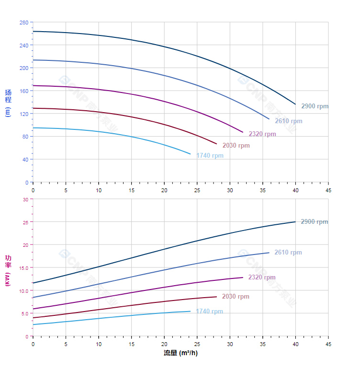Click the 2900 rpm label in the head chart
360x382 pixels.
point(315,106)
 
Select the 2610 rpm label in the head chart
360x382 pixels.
point(288,121)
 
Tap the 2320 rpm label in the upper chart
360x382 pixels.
point(262,134)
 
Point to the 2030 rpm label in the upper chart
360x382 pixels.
point(236,146)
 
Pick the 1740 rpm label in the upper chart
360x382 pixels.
point(210,156)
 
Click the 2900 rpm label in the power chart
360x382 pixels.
point(314,222)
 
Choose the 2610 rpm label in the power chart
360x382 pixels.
point(288,253)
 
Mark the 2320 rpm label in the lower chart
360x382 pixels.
point(261,278)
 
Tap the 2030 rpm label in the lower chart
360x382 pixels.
point(235,297)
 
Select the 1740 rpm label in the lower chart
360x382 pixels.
point(209,312)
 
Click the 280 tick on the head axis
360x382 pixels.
point(24,23)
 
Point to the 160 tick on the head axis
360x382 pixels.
point(24,91)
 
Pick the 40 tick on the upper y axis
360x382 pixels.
point(25,160)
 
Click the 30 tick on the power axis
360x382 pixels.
point(25,199)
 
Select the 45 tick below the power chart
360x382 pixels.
point(328,344)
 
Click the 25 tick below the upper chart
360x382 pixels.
point(197,190)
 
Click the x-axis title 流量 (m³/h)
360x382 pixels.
point(180,353)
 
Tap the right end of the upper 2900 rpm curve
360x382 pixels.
point(295,104)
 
